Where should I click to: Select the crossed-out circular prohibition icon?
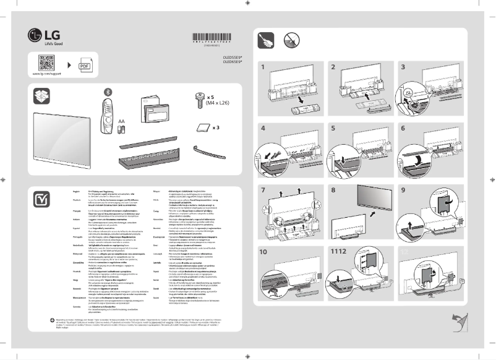(292, 41)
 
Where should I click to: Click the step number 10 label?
(264, 252)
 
